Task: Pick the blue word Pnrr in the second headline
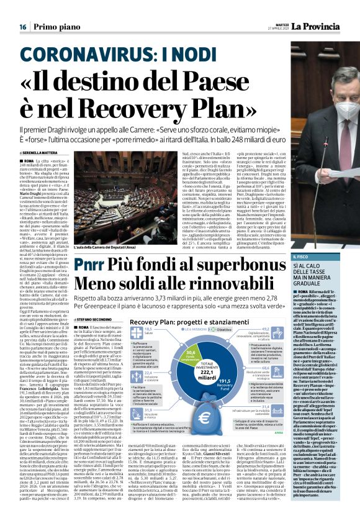(93, 266)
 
